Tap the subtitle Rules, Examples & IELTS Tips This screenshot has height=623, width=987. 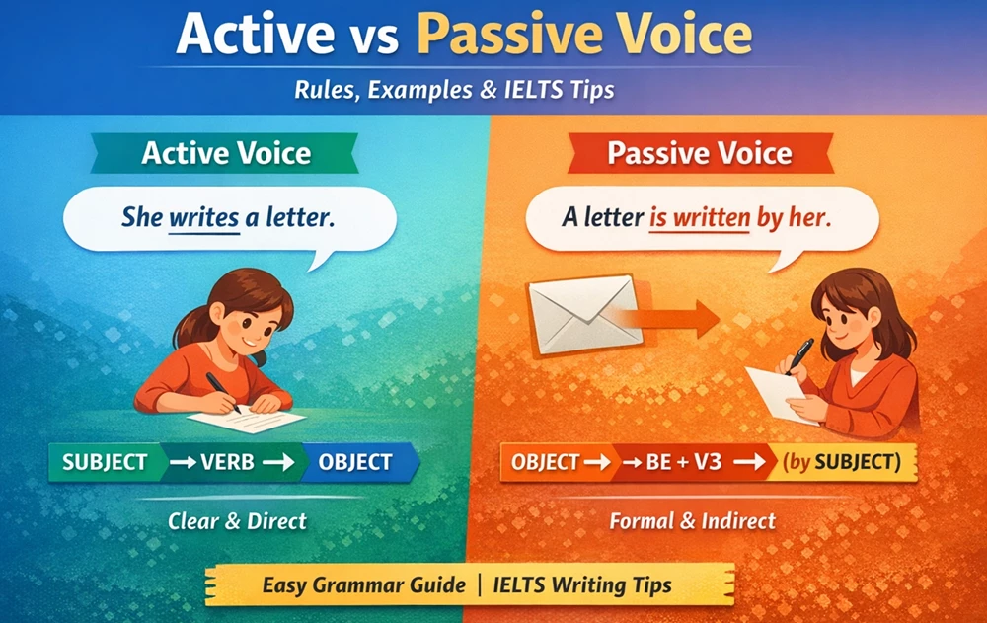(x=454, y=90)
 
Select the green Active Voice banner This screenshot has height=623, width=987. (x=226, y=154)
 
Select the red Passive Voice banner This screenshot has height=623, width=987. (x=699, y=154)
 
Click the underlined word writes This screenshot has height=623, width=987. (x=204, y=216)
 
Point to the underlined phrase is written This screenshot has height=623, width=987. (x=700, y=216)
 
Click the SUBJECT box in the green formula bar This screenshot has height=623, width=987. (x=105, y=462)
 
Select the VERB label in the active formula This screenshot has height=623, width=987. (x=230, y=462)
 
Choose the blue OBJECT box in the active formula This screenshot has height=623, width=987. (x=354, y=462)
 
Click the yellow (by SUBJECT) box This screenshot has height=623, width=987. (x=841, y=462)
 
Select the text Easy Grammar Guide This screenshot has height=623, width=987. (x=363, y=585)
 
